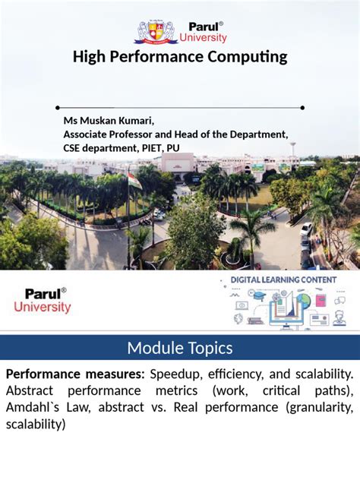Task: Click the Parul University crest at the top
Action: click(x=156, y=30)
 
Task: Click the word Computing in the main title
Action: click(x=249, y=57)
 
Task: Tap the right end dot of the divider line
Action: click(x=302, y=108)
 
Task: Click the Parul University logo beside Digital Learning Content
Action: click(x=43, y=301)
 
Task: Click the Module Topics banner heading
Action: click(x=180, y=349)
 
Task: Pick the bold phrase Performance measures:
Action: click(x=75, y=374)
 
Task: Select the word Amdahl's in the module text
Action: click(x=29, y=408)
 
